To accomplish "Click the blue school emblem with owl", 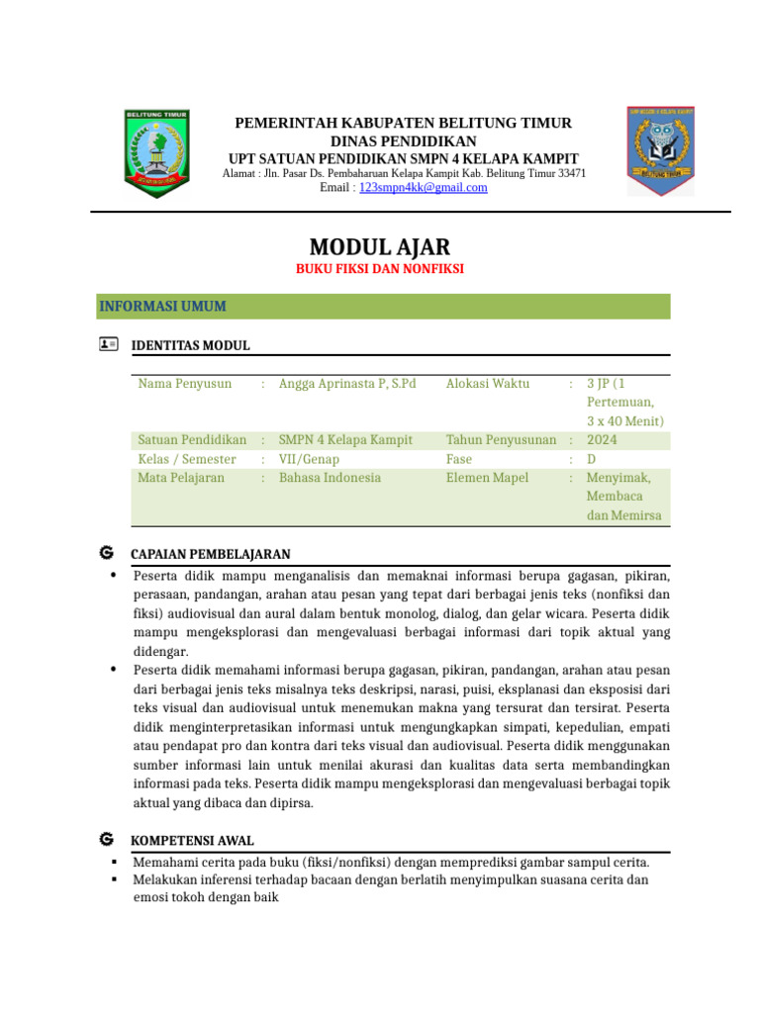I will pyautogui.click(x=660, y=150).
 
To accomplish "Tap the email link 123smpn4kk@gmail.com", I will pyautogui.click(x=423, y=187).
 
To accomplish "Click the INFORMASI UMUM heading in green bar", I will pyautogui.click(x=162, y=307).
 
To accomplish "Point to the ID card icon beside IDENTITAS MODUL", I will pyautogui.click(x=108, y=344).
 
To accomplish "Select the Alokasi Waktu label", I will pyautogui.click(x=488, y=384).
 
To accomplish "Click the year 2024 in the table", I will pyautogui.click(x=602, y=439).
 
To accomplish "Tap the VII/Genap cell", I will pyautogui.click(x=309, y=459).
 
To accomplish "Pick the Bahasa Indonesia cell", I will pyautogui.click(x=330, y=478).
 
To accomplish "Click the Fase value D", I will pyautogui.click(x=592, y=459).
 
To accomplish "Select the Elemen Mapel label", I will pyautogui.click(x=487, y=478).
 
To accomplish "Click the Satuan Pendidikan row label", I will pyautogui.click(x=192, y=439).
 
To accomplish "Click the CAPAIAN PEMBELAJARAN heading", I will pyautogui.click(x=210, y=554).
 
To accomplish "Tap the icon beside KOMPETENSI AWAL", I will pyautogui.click(x=107, y=840).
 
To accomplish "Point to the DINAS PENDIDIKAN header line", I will pyautogui.click(x=403, y=141).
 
